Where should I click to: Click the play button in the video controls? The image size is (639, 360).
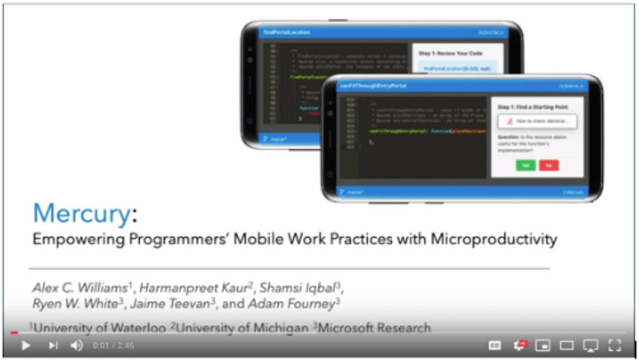[x=26, y=345]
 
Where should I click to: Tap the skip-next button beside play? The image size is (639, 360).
[x=53, y=345]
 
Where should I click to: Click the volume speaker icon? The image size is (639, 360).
[x=77, y=345]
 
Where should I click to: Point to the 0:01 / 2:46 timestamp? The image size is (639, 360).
[x=113, y=345]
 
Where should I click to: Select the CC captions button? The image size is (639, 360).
[x=495, y=345]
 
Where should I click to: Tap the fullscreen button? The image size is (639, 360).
[x=615, y=345]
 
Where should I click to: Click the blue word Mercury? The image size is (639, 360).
[x=81, y=214]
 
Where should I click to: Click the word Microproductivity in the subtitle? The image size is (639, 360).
[x=494, y=239]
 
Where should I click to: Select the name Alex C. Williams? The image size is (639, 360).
[x=79, y=288]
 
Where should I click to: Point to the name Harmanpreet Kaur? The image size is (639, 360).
[x=193, y=288]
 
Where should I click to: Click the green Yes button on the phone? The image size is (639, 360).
[x=525, y=165]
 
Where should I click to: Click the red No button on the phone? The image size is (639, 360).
[x=549, y=165]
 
